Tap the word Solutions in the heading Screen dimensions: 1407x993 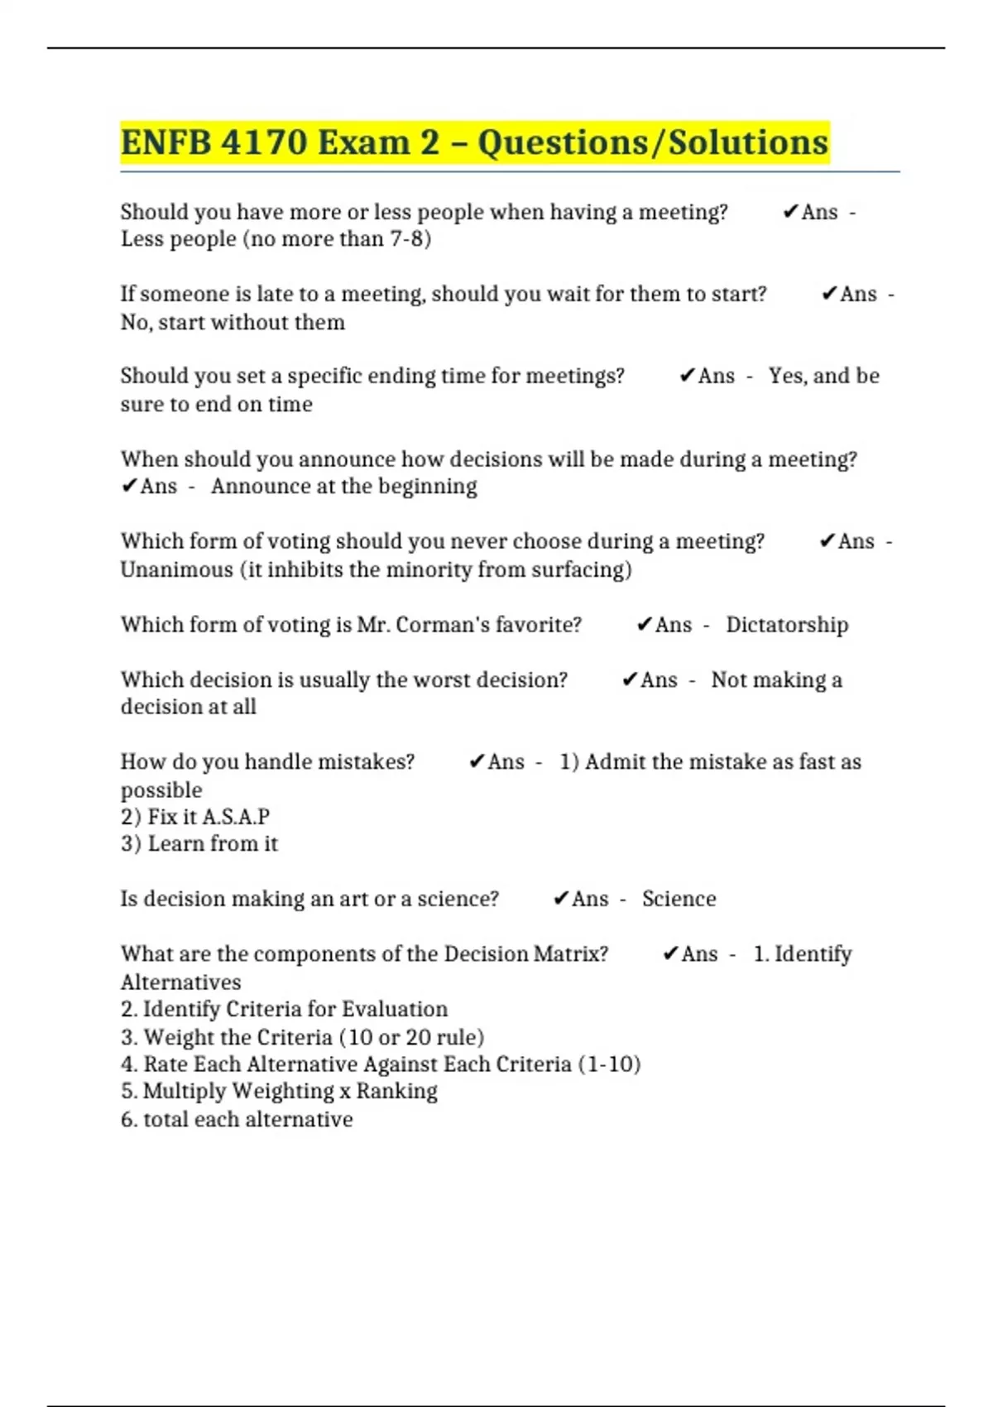coord(748,142)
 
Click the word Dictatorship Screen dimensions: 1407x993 coord(787,625)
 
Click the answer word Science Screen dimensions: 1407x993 coord(679,899)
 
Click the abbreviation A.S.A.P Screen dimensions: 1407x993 coord(236,817)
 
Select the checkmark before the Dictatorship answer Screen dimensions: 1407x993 coord(645,625)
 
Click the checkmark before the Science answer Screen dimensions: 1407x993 coord(561,899)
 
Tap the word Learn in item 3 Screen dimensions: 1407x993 coord(175,844)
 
